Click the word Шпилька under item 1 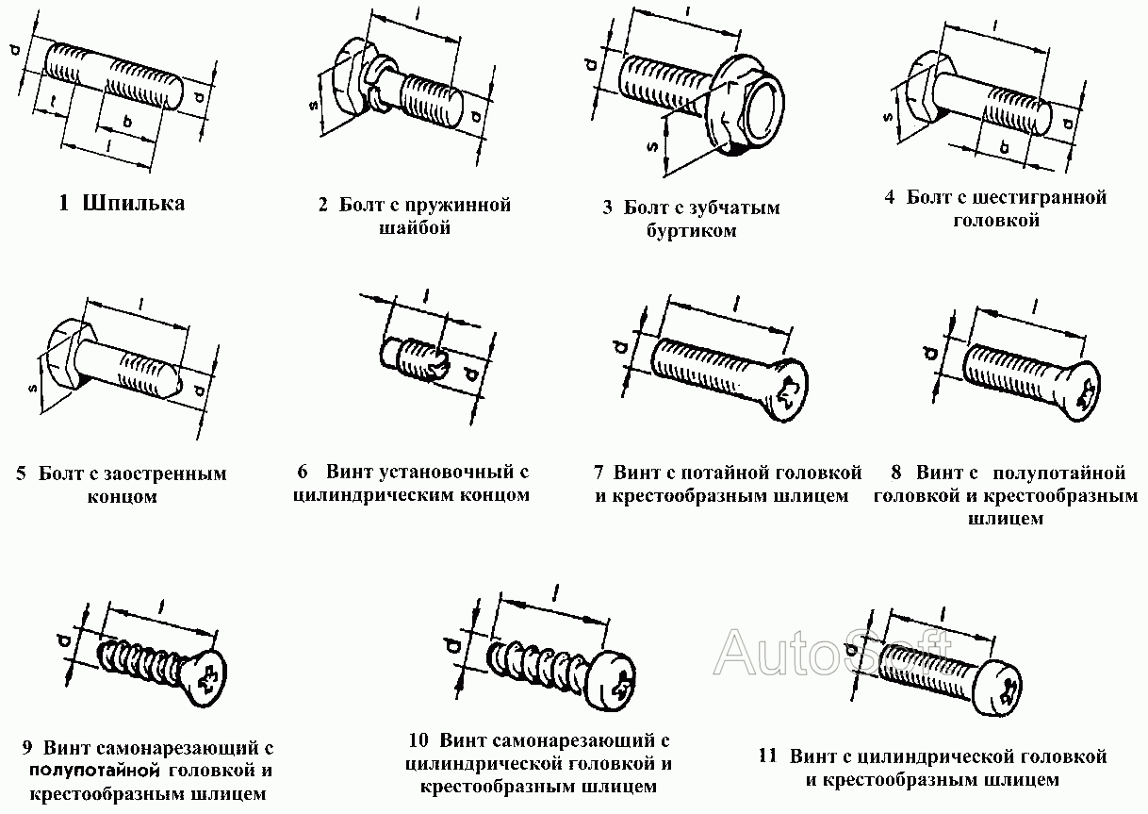(x=134, y=203)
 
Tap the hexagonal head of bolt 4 (x=921, y=90)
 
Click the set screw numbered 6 (x=415, y=359)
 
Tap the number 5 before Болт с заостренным (x=21, y=474)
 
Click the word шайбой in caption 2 (x=414, y=228)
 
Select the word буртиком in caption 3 (x=693, y=231)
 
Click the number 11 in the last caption (x=768, y=756)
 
